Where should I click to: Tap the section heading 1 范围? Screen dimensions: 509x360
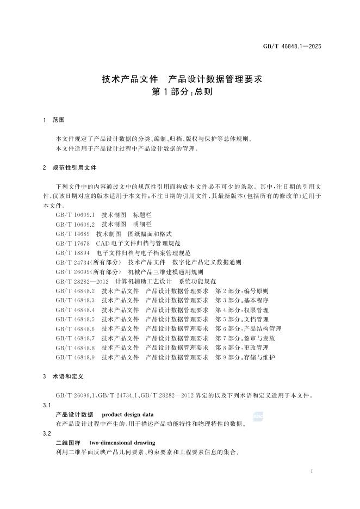point(54,119)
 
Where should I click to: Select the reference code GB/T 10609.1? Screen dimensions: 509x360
point(75,215)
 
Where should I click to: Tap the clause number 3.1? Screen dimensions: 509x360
point(47,405)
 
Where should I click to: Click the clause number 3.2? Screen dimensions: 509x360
point(47,433)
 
